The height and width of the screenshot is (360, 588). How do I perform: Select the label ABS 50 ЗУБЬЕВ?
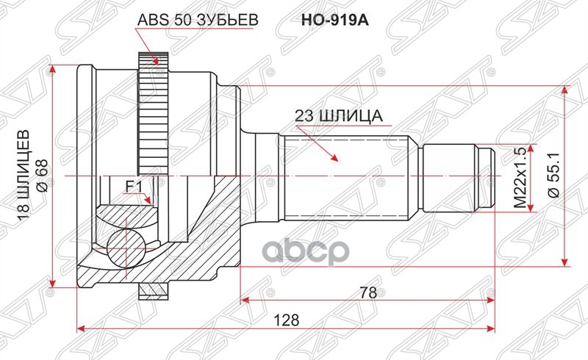(196, 21)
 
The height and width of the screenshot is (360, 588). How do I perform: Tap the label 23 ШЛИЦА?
(337, 115)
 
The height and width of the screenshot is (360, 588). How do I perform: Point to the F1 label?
(133, 187)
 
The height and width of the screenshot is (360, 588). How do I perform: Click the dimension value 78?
(368, 292)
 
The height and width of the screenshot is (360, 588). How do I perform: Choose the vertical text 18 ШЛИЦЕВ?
(22, 176)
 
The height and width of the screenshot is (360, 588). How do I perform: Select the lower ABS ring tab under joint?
(153, 292)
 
